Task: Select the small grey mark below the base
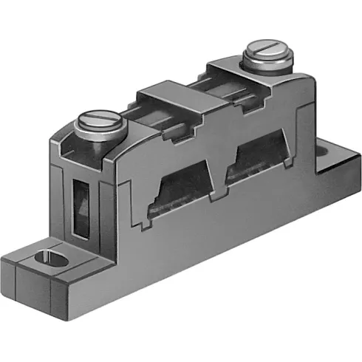(x=68, y=323)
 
